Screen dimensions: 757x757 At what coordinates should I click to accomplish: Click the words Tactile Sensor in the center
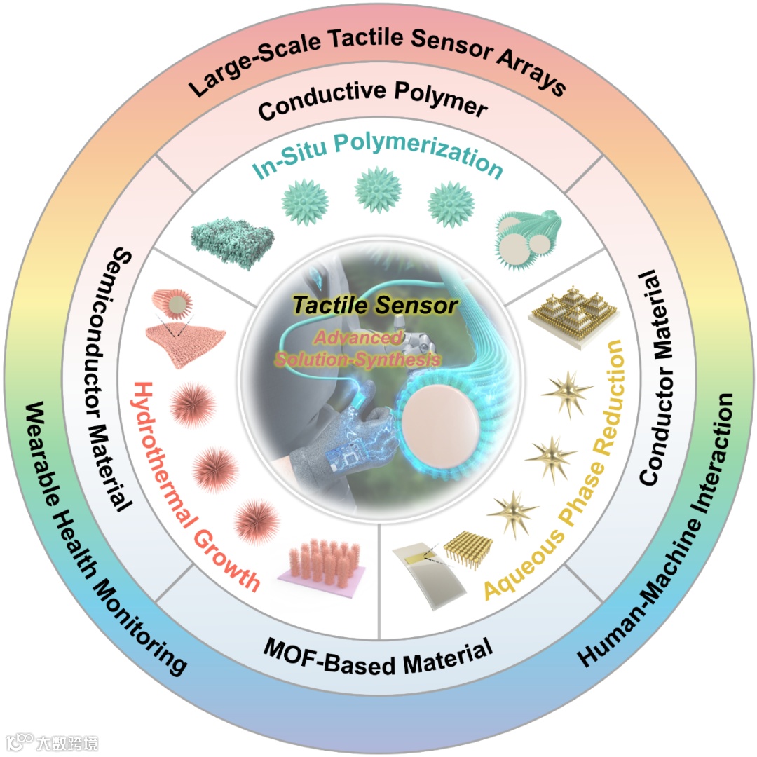pyautogui.click(x=375, y=306)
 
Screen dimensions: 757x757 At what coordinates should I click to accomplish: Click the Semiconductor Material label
pyautogui.click(x=120, y=378)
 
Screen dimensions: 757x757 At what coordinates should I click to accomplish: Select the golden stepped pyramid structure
pyautogui.click(x=568, y=308)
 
